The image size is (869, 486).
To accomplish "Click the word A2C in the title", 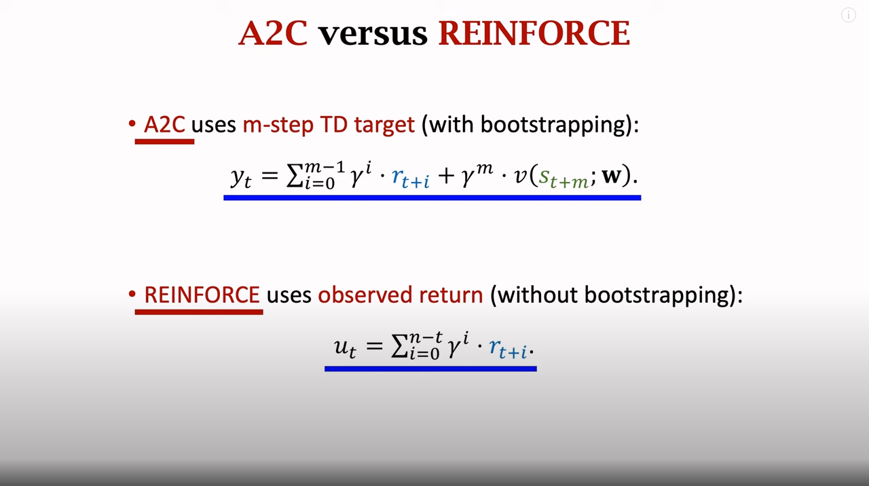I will (273, 33).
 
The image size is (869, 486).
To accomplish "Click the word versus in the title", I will (373, 33).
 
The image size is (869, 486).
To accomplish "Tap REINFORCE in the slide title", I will (534, 33).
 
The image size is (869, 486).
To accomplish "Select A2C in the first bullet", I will (164, 125).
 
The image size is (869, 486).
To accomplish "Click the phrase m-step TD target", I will (328, 125).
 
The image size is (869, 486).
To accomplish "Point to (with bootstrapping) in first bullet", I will (530, 125).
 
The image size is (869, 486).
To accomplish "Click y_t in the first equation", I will (240, 176).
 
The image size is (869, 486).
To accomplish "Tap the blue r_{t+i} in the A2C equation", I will (410, 178).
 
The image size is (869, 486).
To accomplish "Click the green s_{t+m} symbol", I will (563, 178).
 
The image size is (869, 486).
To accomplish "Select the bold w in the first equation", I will (611, 175).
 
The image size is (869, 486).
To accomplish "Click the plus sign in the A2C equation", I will (445, 176).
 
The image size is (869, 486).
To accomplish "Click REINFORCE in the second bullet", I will (202, 295).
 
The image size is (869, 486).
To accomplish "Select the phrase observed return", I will (400, 295).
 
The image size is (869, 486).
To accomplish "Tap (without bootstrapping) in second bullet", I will (616, 295).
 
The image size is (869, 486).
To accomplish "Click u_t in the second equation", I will (344, 347).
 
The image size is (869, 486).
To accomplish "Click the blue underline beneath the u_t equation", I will (430, 369).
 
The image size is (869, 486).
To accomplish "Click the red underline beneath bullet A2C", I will (164, 141).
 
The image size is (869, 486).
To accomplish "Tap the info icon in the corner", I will (848, 15).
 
